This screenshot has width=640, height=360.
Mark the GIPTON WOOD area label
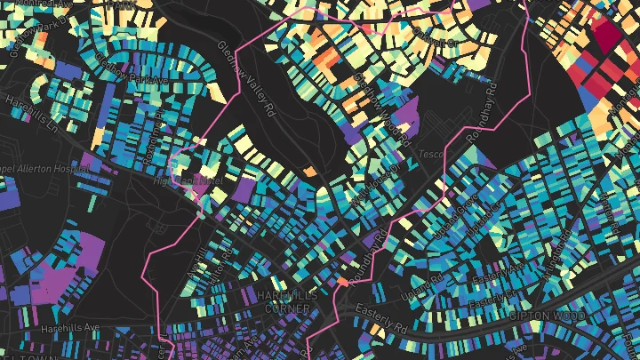point(548,316)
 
